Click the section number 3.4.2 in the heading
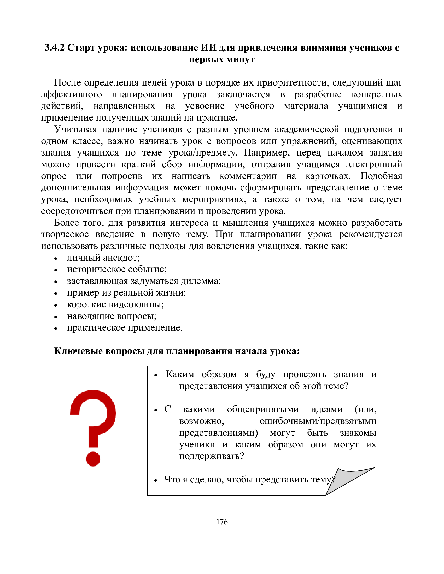click(x=54, y=48)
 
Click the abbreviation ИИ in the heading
click(x=209, y=48)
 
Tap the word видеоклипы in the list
click(x=136, y=304)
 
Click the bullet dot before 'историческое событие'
click(x=55, y=270)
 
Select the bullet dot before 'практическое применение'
click(x=55, y=328)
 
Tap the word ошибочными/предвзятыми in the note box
click(x=318, y=421)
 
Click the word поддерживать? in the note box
click(x=212, y=456)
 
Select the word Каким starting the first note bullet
click(x=180, y=374)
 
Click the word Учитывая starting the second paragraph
click(x=75, y=129)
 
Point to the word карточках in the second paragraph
click(x=328, y=176)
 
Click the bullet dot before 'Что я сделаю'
click(x=156, y=480)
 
